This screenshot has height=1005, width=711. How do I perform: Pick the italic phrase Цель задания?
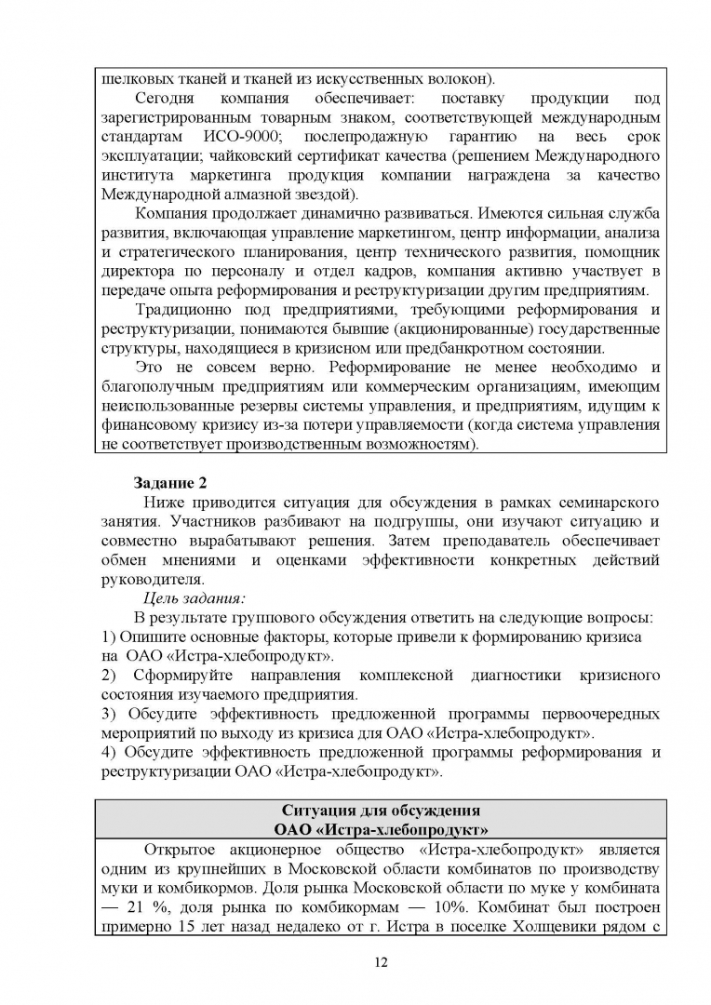pos(193,598)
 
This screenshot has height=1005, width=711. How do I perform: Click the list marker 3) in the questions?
pos(107,714)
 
